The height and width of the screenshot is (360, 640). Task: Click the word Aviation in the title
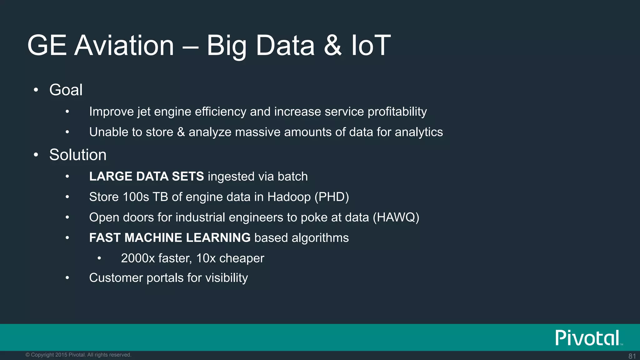tap(124, 45)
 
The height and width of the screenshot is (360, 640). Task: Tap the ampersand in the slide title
tap(332, 45)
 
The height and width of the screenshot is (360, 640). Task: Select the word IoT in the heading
tap(371, 45)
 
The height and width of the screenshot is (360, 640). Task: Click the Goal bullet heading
tap(66, 90)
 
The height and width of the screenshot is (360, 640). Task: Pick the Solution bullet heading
tap(78, 155)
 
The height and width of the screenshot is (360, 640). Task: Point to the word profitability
tap(397, 112)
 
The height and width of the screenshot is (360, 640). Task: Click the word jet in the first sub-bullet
tap(144, 112)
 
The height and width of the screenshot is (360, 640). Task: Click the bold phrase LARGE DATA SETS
tap(146, 177)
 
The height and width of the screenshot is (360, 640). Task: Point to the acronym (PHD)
tap(332, 197)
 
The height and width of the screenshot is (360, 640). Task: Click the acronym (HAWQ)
tap(396, 217)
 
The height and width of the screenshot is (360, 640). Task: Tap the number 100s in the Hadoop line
tap(136, 197)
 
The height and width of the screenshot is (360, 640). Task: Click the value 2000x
tap(138, 258)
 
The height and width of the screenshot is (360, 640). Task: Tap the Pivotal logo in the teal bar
tap(587, 338)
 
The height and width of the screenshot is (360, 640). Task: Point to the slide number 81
tap(632, 356)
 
